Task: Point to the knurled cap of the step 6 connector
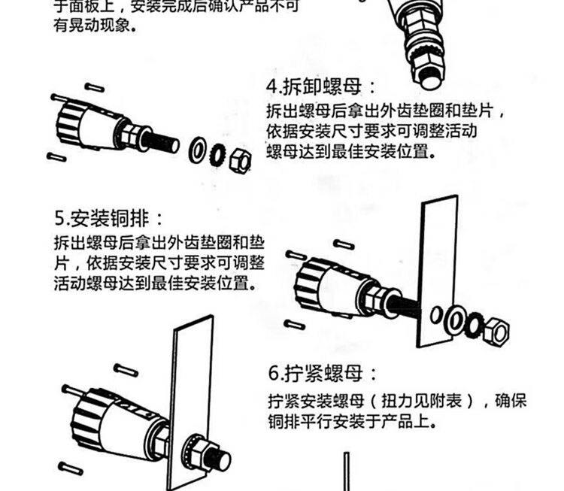pos(81,417)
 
